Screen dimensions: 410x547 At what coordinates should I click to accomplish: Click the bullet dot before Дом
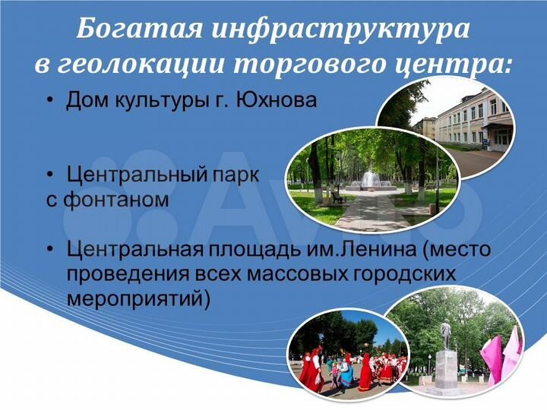tap(50, 100)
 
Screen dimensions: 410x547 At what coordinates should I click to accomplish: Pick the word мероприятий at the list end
tap(137, 297)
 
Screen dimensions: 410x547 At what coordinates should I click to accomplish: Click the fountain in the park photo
tap(370, 179)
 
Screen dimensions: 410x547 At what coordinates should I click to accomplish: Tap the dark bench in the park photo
tap(337, 197)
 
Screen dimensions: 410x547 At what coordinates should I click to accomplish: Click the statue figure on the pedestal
tap(445, 334)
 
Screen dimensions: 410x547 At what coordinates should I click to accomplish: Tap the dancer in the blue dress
tap(346, 371)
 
